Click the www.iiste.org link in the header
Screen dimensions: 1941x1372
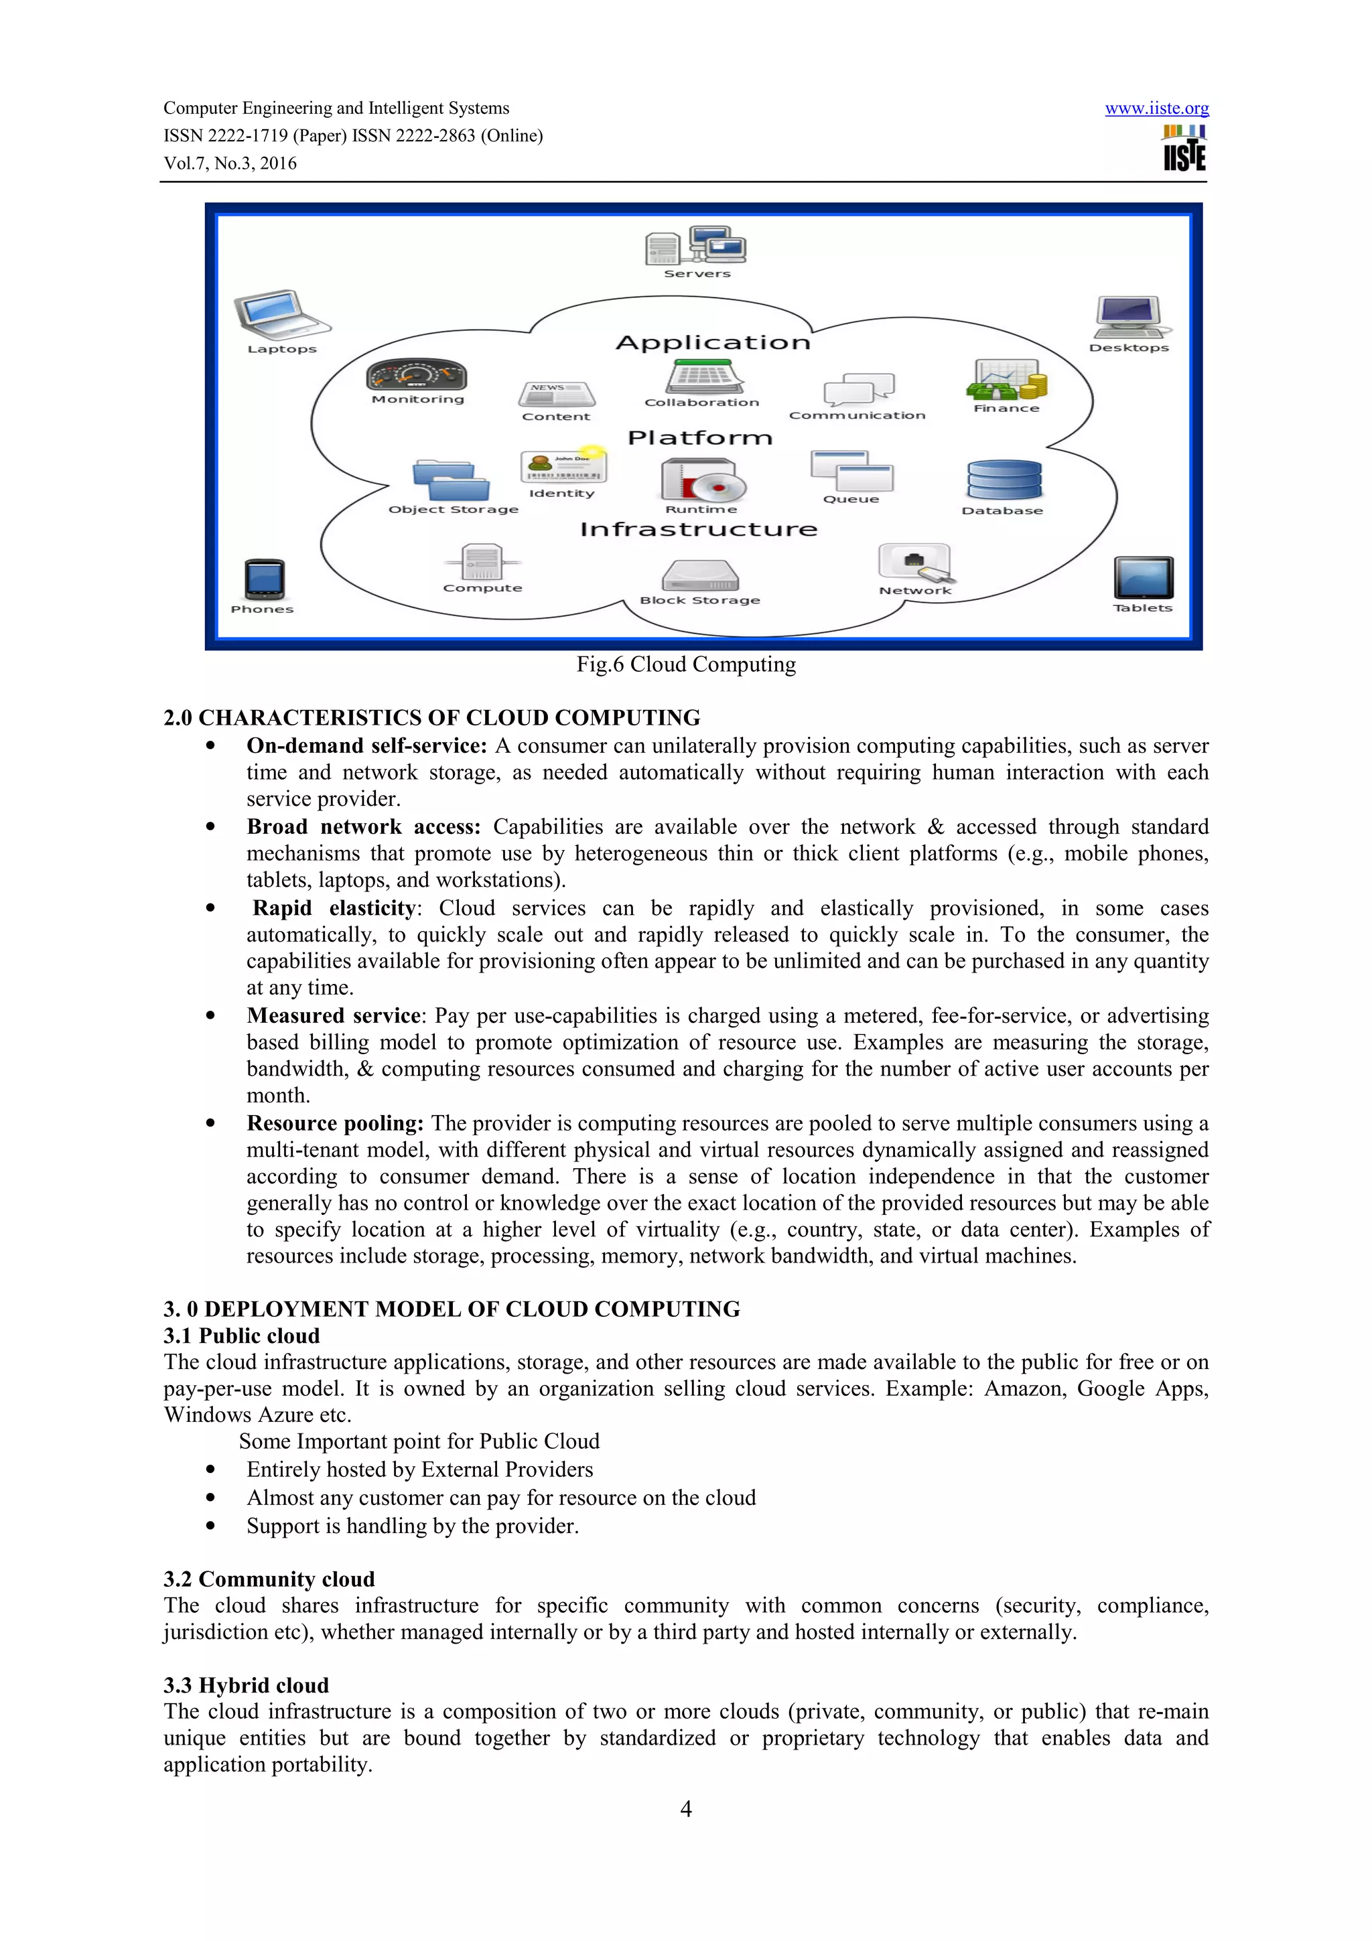tap(1156, 109)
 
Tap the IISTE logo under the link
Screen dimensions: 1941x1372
tap(1184, 149)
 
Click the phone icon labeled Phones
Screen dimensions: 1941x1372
tap(264, 580)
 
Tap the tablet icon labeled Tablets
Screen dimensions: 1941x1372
tap(1143, 578)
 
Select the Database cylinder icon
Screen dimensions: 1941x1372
tap(1004, 481)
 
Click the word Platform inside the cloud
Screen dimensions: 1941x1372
tap(700, 438)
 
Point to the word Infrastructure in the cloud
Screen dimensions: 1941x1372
tap(698, 530)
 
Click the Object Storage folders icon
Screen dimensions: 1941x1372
tap(452, 481)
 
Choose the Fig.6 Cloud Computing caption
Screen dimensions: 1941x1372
tap(685, 664)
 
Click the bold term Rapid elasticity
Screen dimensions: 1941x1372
tap(334, 908)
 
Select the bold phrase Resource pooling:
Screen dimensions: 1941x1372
tap(335, 1123)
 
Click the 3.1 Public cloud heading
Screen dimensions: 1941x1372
tap(242, 1336)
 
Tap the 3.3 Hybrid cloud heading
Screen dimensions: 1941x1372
tap(246, 1685)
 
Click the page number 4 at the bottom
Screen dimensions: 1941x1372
tap(685, 1808)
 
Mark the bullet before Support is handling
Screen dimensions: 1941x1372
tap(210, 1526)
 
